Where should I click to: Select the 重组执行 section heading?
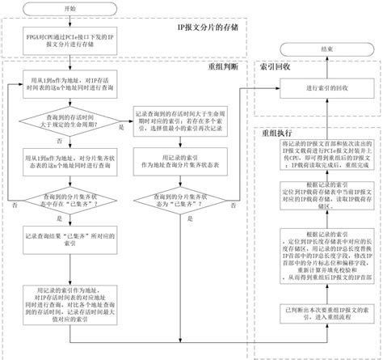(276, 130)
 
